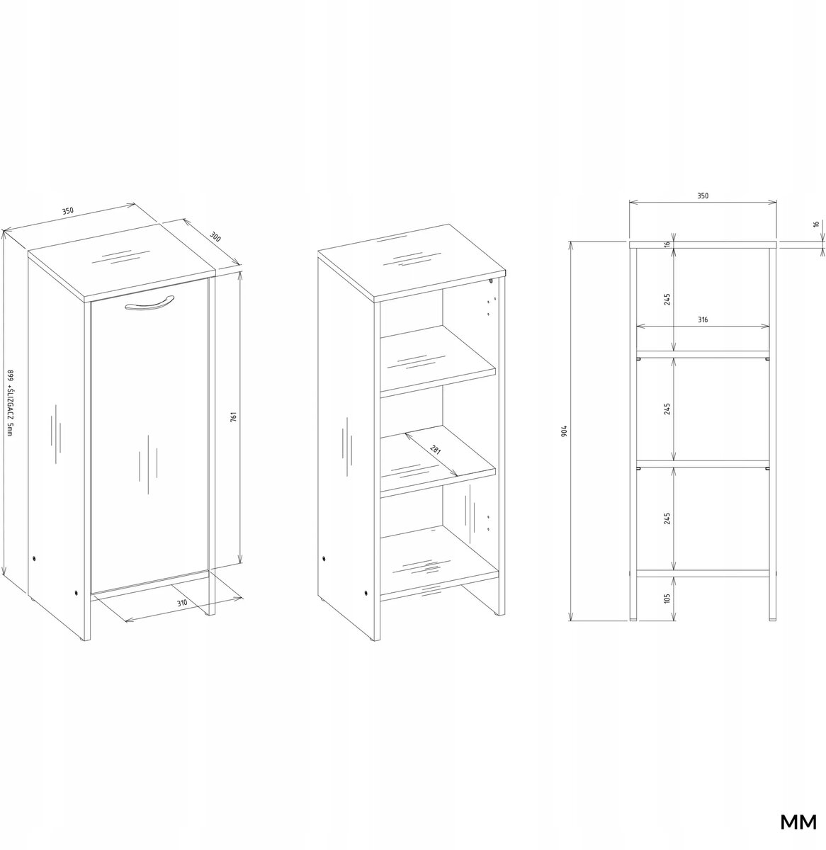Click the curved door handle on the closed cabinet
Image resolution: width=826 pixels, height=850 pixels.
(x=149, y=303)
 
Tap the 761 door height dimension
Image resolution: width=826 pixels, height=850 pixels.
(x=233, y=416)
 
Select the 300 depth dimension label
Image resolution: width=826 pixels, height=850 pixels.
(x=215, y=237)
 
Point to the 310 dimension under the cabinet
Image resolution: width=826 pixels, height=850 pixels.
(x=182, y=603)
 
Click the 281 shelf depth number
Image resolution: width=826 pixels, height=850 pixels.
(x=436, y=450)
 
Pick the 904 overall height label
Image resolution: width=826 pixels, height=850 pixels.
(x=564, y=431)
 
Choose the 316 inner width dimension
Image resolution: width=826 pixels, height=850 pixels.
(x=702, y=319)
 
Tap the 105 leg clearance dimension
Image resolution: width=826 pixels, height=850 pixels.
(x=667, y=598)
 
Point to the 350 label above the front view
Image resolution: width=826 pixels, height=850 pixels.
(x=703, y=195)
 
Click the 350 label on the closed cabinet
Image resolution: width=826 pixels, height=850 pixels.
(x=67, y=210)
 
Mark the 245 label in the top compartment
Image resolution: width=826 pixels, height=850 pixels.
(x=667, y=299)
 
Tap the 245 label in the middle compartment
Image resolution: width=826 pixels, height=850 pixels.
(x=667, y=409)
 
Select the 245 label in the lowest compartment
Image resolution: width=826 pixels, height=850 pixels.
(x=667, y=518)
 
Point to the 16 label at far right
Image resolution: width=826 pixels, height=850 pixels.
(x=815, y=224)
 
